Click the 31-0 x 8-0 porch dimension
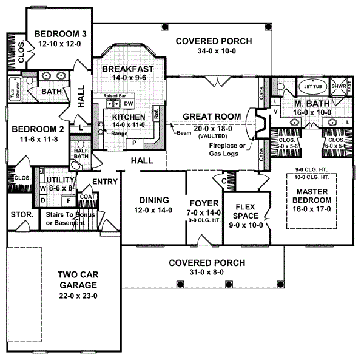point(207,273)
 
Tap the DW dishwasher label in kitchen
point(129,104)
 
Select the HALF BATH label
point(81,154)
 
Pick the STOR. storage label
point(20,215)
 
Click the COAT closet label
point(87,196)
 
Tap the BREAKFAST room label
point(127,69)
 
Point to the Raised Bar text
point(114,97)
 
